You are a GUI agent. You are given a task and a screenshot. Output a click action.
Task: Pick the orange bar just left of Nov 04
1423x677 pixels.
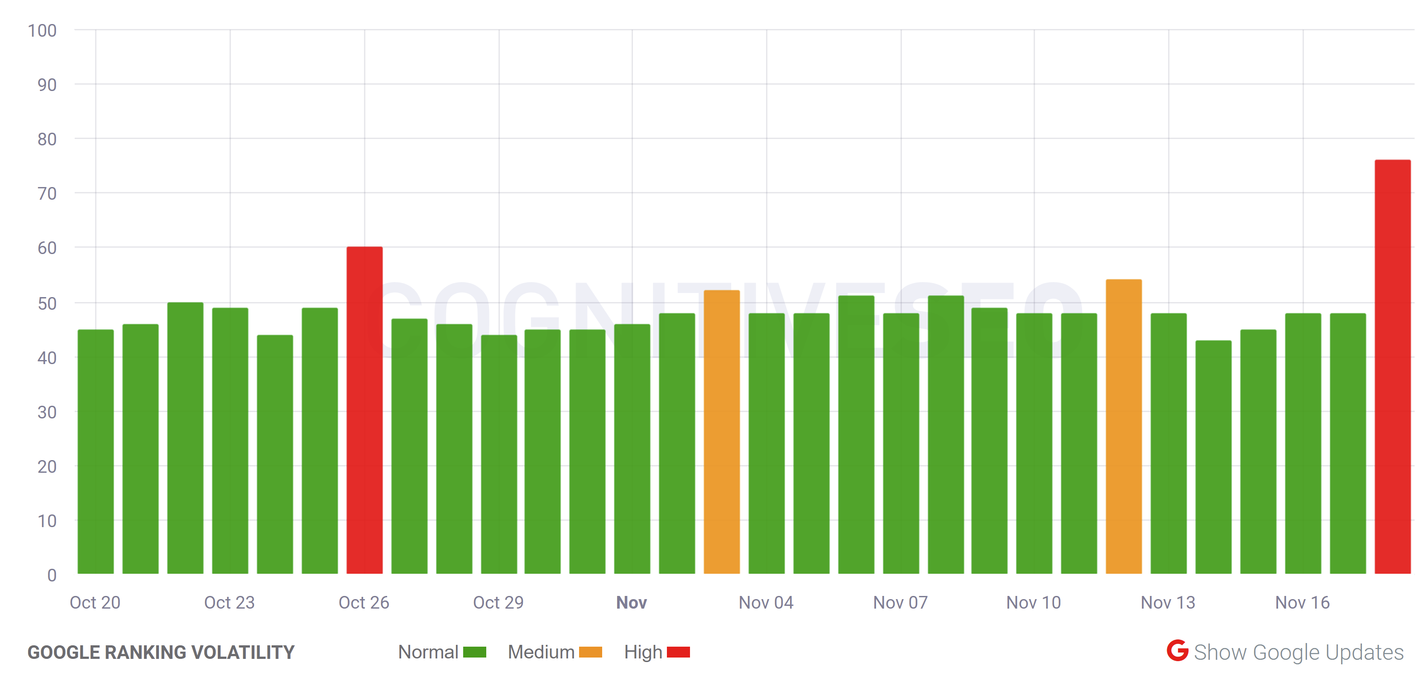[x=721, y=432]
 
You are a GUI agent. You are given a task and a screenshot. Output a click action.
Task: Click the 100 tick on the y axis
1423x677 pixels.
[x=43, y=30]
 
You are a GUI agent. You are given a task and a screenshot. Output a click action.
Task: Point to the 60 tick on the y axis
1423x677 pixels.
[x=47, y=248]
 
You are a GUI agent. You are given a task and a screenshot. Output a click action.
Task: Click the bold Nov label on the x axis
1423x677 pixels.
[x=632, y=602]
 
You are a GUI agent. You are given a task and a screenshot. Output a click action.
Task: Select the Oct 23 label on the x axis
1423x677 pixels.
[x=229, y=602]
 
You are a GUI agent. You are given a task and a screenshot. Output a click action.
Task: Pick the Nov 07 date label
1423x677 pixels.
[x=901, y=602]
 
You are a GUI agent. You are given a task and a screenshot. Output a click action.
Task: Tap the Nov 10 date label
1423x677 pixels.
[x=1034, y=602]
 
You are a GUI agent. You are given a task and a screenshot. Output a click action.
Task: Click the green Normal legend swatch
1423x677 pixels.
[x=474, y=652]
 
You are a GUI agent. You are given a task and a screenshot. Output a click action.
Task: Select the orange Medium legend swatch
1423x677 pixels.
[x=590, y=652]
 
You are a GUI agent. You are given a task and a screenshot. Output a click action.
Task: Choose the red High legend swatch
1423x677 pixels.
[x=678, y=652]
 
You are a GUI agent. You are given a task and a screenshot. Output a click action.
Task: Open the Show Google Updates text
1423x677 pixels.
[x=1298, y=652]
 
